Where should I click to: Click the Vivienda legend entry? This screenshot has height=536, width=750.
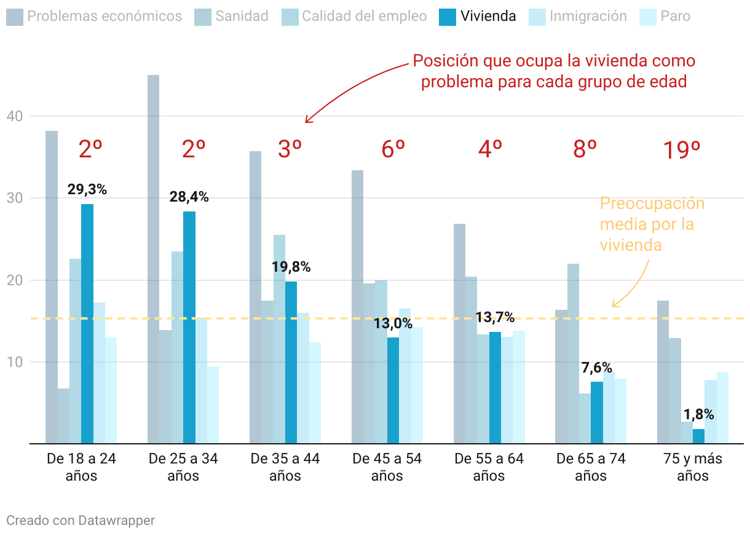[478, 17]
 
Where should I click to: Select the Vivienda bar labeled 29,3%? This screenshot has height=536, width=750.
[87, 323]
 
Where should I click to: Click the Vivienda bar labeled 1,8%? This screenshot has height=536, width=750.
[698, 436]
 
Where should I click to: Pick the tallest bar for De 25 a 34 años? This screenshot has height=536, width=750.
[154, 259]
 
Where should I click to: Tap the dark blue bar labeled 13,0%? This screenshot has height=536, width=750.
[393, 390]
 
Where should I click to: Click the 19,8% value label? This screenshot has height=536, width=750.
[291, 267]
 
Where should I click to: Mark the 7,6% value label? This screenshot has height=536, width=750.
[596, 368]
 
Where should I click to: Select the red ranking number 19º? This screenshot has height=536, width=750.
[682, 150]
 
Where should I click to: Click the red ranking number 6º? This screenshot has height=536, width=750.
[393, 149]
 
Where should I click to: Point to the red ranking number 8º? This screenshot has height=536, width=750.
[585, 149]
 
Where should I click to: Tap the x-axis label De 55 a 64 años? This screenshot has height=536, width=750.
[489, 467]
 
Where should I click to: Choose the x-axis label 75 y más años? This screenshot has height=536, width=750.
[693, 467]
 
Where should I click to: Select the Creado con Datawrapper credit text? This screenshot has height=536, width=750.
[81, 521]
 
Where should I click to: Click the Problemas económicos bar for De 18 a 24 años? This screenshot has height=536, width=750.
[52, 287]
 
